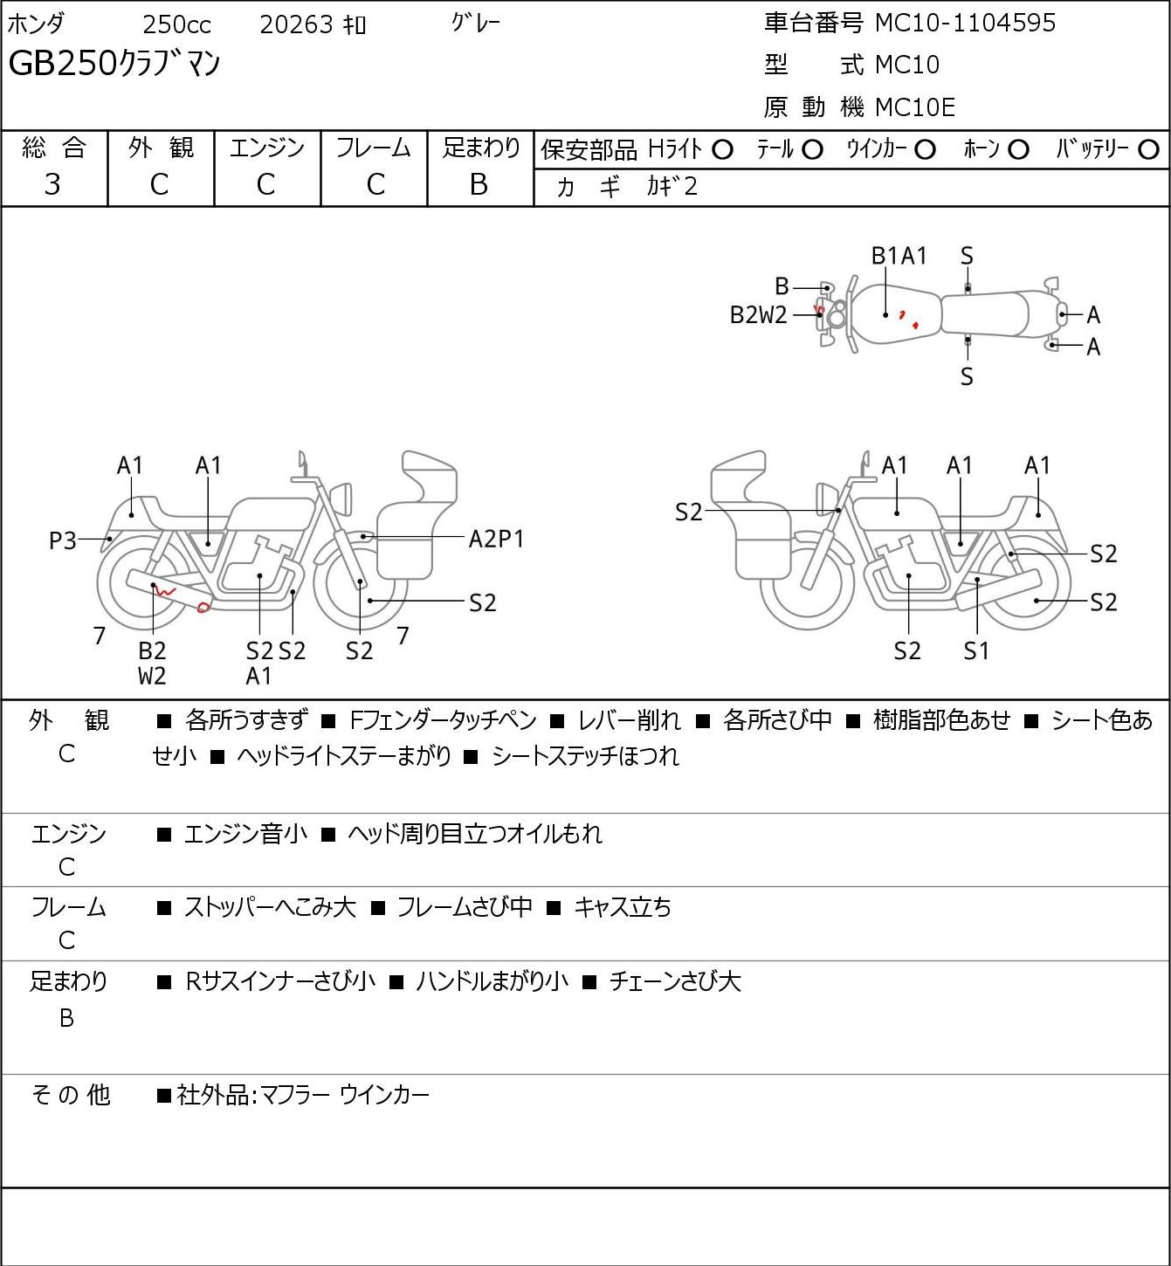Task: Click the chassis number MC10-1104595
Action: (965, 23)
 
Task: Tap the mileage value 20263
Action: (296, 24)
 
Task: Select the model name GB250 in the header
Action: (63, 64)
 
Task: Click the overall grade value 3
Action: (52, 185)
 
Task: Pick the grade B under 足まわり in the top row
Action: (479, 185)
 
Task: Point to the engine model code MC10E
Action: (915, 107)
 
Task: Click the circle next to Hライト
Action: (722, 150)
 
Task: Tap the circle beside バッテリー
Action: (1148, 150)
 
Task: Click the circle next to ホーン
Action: (1018, 150)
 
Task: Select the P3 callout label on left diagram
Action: (63, 541)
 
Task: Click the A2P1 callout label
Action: (496, 540)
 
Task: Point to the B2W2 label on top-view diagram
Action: (758, 315)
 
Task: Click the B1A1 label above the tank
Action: (899, 256)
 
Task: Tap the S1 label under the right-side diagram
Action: (976, 650)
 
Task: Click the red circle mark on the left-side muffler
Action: (203, 608)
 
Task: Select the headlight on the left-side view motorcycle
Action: (342, 499)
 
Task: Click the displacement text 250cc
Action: (176, 24)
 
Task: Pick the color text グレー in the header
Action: (476, 23)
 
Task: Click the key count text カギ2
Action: (672, 187)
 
